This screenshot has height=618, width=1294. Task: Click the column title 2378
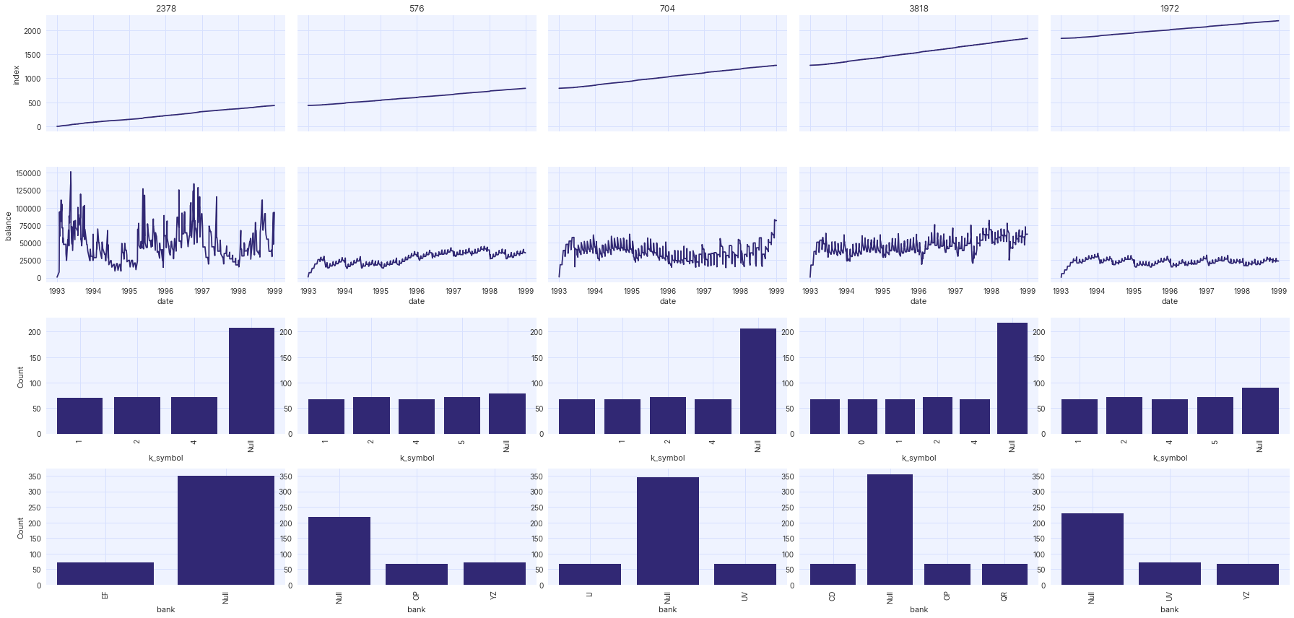click(x=166, y=9)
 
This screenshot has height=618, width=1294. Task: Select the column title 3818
click(x=919, y=9)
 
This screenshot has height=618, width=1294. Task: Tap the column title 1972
click(x=1169, y=9)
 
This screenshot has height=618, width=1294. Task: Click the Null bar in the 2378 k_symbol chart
click(x=251, y=381)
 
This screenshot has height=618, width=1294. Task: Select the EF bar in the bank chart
click(x=105, y=573)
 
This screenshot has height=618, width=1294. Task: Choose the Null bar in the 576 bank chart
click(x=339, y=551)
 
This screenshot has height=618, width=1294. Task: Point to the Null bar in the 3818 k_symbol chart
click(x=1012, y=378)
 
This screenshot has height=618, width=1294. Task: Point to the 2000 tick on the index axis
click(x=32, y=31)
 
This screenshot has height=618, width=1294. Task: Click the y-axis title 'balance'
click(x=9, y=226)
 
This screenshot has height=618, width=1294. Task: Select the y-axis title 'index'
click(x=16, y=75)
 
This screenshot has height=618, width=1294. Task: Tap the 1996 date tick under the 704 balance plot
click(x=667, y=292)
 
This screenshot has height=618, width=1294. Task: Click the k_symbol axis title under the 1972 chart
click(x=1169, y=458)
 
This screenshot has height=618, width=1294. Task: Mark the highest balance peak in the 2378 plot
click(x=70, y=172)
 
